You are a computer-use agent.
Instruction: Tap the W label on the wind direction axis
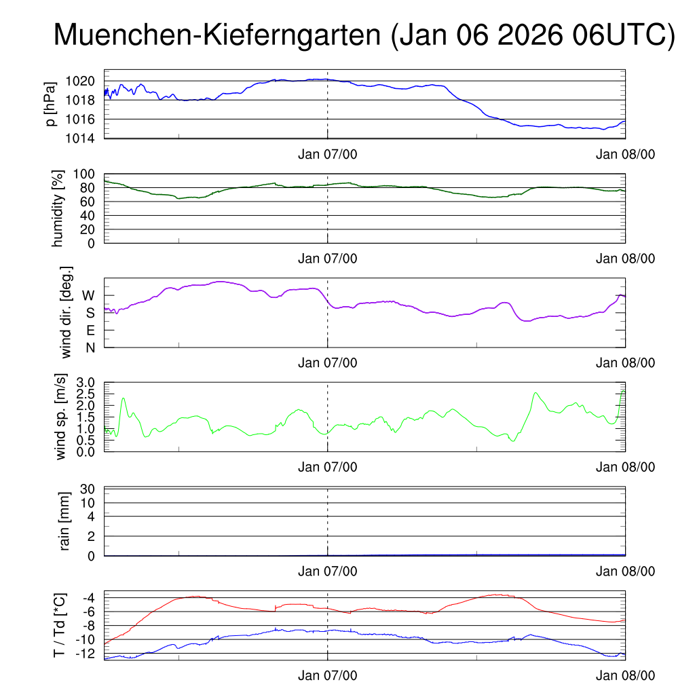pyautogui.click(x=88, y=295)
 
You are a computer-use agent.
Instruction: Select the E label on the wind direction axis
pyautogui.click(x=90, y=331)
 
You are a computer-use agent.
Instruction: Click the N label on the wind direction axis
pyautogui.click(x=90, y=347)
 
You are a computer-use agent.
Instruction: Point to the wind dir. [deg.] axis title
pyautogui.click(x=67, y=312)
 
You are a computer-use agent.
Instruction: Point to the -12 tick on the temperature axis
pyautogui.click(x=87, y=654)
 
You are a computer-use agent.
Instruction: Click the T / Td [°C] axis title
pyautogui.click(x=60, y=626)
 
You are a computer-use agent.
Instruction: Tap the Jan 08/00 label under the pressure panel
pyautogui.click(x=626, y=154)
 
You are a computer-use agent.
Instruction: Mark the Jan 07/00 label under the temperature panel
pyautogui.click(x=328, y=676)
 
